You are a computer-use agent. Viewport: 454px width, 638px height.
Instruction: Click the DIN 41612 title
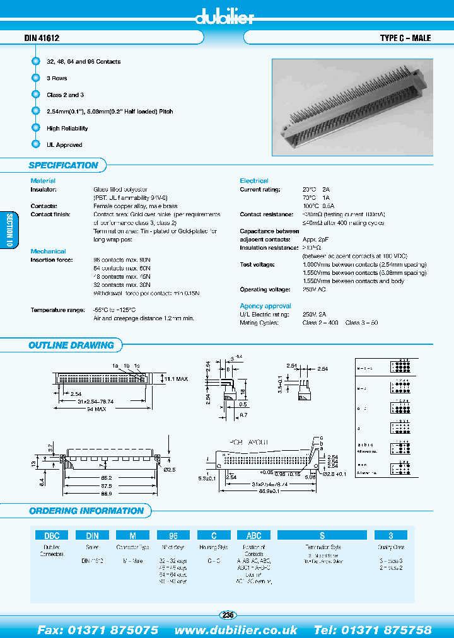point(42,38)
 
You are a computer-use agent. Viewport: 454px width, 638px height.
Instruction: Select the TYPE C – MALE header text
point(405,38)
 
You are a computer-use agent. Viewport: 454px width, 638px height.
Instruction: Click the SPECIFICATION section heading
point(64,165)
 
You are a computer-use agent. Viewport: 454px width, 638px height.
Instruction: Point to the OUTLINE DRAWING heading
point(71,345)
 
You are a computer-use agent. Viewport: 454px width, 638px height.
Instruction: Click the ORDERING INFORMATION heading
point(86,511)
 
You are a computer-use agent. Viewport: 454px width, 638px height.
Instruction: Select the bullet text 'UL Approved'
point(64,145)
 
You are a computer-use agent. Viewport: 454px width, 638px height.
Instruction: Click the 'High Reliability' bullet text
point(67,128)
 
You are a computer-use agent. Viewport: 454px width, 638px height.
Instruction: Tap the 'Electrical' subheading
point(254,181)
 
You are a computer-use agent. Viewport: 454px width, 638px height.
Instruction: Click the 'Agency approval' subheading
point(265,306)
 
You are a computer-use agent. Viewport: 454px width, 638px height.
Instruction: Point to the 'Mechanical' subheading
point(48,251)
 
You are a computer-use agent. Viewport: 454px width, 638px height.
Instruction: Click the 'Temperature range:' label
point(57,310)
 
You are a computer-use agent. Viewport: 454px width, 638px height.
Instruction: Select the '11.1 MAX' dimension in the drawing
point(177,379)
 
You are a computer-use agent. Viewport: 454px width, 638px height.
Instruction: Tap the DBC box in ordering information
point(51,535)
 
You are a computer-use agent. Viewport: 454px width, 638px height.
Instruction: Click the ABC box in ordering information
point(253,535)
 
